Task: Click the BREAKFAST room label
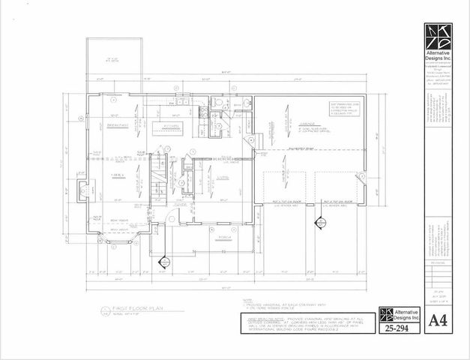point(117,125)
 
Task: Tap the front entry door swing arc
point(173,218)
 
